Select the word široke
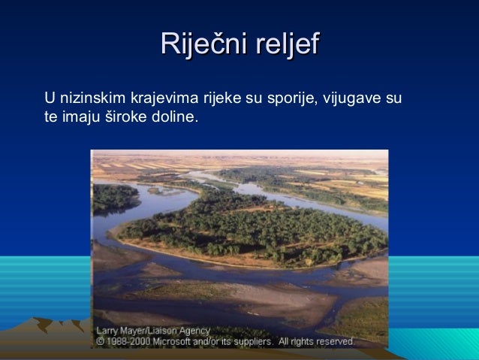[x=122, y=118]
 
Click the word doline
[x=173, y=118]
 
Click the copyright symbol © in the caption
[x=99, y=341]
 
